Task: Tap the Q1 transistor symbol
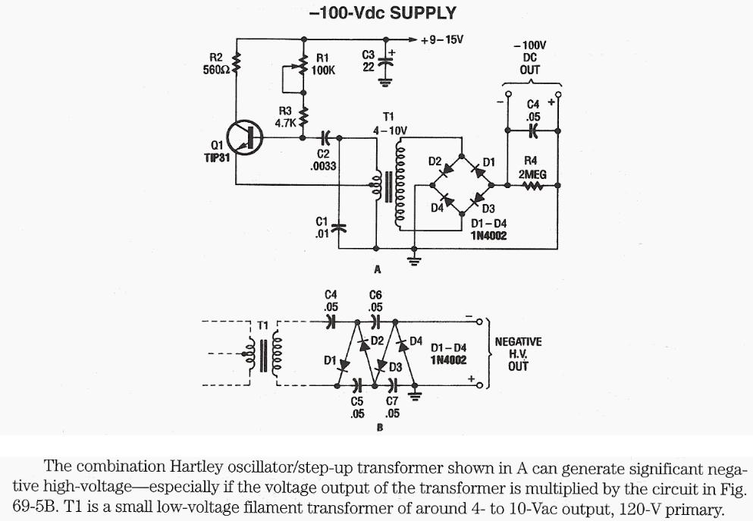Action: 246,138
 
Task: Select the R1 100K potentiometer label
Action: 323,64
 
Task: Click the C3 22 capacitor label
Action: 369,60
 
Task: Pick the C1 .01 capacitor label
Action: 321,228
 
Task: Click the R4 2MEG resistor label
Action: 530,168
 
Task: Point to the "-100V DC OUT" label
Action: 530,57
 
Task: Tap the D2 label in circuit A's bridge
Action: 435,162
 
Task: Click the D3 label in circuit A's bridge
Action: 488,209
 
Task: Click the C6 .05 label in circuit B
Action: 375,301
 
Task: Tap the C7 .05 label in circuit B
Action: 392,408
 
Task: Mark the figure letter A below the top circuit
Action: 377,269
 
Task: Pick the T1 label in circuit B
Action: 262,325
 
